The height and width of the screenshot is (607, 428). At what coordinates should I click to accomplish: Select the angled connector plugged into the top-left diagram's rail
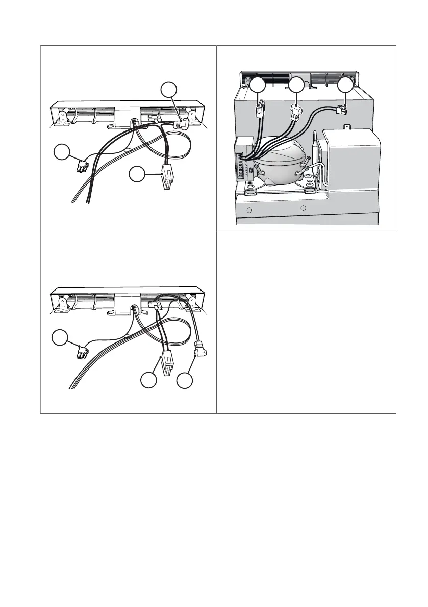click(180, 124)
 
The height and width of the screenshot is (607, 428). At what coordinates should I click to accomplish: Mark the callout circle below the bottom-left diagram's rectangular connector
click(149, 381)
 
